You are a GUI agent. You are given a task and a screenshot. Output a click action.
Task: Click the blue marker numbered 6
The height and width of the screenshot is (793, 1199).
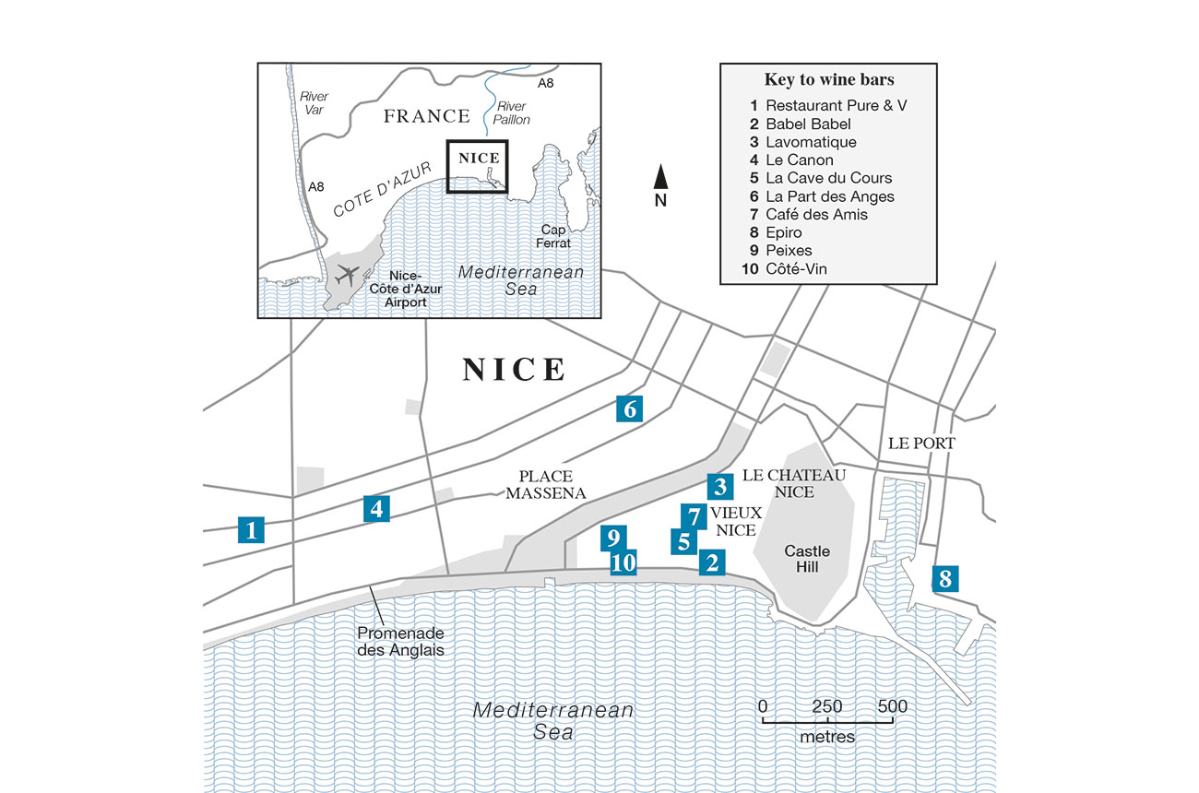click(x=630, y=408)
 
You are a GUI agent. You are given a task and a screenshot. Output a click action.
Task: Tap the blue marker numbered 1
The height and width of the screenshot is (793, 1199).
click(x=251, y=529)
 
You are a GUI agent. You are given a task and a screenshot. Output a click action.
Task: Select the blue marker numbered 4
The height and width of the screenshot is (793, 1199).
click(x=375, y=507)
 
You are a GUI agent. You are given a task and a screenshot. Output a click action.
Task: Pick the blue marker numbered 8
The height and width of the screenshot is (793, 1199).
click(x=944, y=578)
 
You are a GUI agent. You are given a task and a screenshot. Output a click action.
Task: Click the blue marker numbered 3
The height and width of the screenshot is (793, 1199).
click(x=721, y=486)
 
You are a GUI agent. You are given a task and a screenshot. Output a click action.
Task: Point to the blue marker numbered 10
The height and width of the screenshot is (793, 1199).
click(x=624, y=562)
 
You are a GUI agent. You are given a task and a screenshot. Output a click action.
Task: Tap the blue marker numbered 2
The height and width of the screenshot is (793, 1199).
click(x=710, y=562)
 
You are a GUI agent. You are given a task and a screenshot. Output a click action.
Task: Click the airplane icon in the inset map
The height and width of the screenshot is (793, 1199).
click(x=348, y=275)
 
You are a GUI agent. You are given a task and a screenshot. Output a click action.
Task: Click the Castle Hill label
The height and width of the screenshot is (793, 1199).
click(x=807, y=559)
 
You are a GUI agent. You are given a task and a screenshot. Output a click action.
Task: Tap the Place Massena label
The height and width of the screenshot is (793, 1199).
click(x=545, y=485)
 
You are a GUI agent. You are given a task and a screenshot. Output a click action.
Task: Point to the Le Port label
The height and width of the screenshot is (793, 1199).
click(x=921, y=444)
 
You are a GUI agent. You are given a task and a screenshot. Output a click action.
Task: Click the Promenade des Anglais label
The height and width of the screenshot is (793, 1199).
click(x=400, y=641)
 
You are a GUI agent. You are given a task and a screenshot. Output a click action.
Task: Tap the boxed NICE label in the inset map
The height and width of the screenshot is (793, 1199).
click(x=478, y=158)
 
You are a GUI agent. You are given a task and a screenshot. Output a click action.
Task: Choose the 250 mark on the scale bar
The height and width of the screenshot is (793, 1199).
click(x=827, y=707)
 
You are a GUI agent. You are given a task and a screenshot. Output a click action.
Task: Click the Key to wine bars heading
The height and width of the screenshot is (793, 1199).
click(x=827, y=79)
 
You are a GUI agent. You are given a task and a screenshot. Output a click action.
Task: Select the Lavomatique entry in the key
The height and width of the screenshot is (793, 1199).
click(x=811, y=142)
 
